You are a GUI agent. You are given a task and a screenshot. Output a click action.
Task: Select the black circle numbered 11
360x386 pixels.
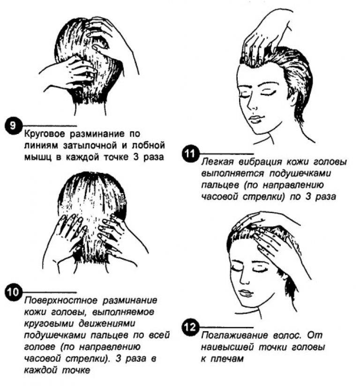pyautogui.click(x=190, y=154)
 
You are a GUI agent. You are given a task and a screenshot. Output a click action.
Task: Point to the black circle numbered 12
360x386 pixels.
pyautogui.click(x=190, y=327)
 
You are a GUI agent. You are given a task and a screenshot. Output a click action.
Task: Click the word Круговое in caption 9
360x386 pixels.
pyautogui.click(x=45, y=134)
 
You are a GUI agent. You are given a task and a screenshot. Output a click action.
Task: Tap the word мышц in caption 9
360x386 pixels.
pyautogui.click(x=37, y=157)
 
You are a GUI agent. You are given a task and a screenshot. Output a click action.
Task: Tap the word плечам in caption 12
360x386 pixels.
pyautogui.click(x=227, y=359)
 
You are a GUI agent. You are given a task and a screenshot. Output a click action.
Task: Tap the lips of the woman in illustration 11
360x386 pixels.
pyautogui.click(x=255, y=119)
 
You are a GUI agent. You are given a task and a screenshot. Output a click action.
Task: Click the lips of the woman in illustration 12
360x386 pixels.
pyautogui.click(x=246, y=293)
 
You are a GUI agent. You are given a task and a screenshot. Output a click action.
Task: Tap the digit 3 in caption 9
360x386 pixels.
pyautogui.click(x=136, y=157)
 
